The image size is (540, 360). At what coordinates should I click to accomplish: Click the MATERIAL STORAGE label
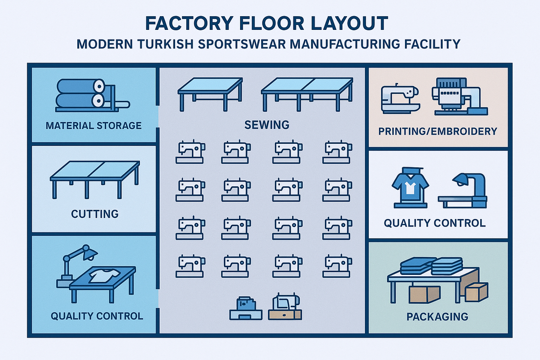[93, 126]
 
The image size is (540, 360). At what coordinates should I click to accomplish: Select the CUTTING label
[94, 214]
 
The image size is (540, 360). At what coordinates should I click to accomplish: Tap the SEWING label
[267, 124]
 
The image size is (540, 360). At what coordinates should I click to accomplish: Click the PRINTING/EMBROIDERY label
[438, 131]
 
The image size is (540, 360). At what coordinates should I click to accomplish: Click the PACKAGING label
[437, 316]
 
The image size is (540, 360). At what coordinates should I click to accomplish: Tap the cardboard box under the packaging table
[425, 293]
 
